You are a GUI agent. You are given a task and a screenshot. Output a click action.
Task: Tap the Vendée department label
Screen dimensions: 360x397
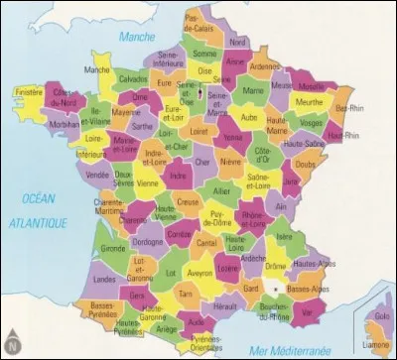96,175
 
